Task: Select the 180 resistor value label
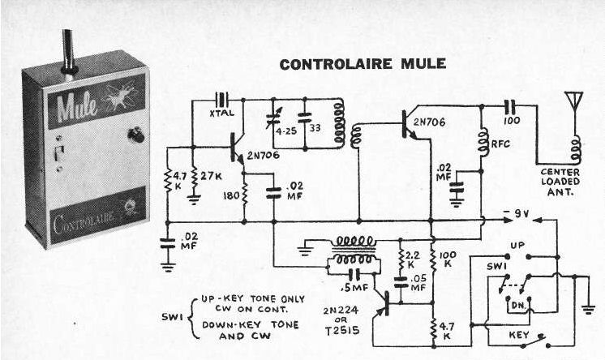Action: point(230,195)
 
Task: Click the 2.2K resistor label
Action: point(414,259)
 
